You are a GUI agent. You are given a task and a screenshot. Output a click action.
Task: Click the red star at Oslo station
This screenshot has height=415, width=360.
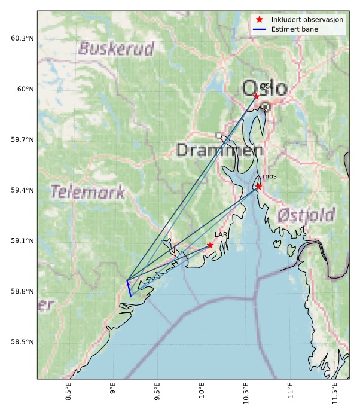tap(256, 96)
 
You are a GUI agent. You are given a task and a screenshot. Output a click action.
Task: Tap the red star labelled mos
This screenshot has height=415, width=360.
tap(258, 187)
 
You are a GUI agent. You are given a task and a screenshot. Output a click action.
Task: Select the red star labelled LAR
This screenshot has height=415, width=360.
tap(210, 245)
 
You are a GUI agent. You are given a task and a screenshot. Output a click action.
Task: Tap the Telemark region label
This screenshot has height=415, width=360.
tap(88, 192)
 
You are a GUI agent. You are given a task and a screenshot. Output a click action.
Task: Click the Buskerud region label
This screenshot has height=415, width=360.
tap(117, 48)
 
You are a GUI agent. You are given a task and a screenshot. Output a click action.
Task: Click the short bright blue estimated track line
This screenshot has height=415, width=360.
tap(129, 288)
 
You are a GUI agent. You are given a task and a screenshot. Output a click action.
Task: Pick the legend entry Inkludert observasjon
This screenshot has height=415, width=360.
tap(307, 19)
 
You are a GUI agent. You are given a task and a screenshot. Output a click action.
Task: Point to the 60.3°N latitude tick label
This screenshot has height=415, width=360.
tap(23, 39)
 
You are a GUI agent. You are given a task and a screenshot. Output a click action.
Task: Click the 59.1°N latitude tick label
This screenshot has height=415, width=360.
tap(23, 241)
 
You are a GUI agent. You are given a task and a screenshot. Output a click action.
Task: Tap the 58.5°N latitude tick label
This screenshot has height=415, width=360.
tap(23, 342)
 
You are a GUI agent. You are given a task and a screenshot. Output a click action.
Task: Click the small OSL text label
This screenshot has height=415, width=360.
tap(267, 87)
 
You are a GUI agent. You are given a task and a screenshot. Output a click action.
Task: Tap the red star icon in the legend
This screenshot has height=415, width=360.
tap(260, 19)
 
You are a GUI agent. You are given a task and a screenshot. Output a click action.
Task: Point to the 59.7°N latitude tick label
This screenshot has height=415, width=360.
tap(23, 140)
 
